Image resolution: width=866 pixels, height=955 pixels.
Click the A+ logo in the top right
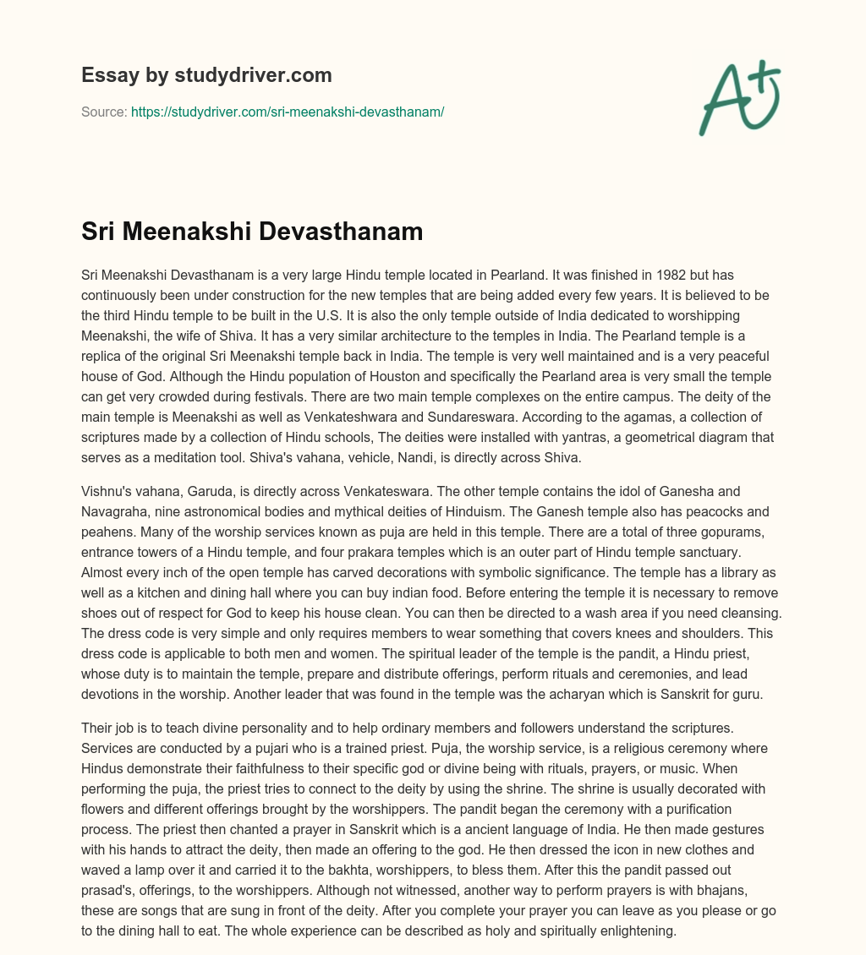(x=739, y=97)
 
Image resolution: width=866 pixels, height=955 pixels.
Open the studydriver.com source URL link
(x=288, y=112)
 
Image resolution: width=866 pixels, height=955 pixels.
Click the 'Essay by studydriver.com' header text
(x=206, y=75)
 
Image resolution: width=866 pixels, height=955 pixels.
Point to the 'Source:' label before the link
(x=104, y=112)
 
